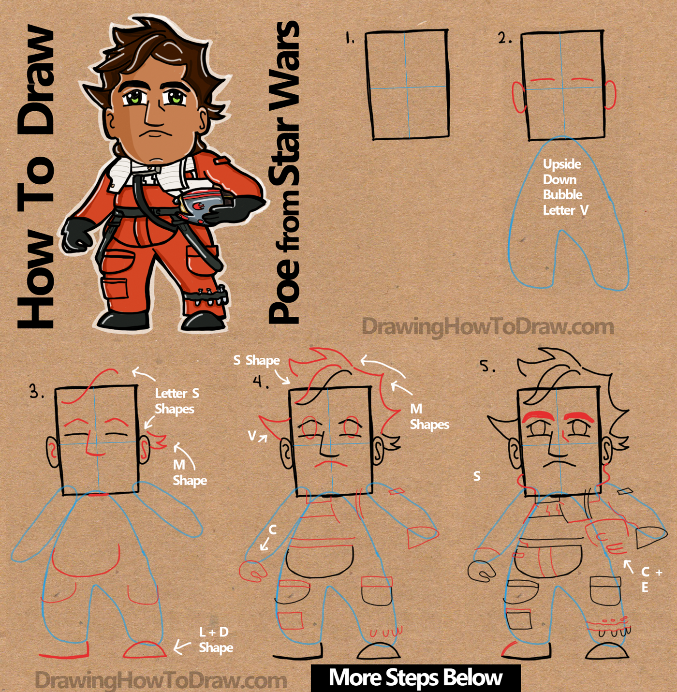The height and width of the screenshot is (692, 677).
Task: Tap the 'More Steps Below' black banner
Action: pos(415,677)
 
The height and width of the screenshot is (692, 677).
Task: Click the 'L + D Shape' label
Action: pos(215,639)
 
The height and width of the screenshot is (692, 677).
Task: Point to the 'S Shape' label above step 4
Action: pos(256,360)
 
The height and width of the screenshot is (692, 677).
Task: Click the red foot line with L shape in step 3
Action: pos(65,653)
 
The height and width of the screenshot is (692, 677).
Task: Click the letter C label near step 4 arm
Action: pos(272,530)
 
